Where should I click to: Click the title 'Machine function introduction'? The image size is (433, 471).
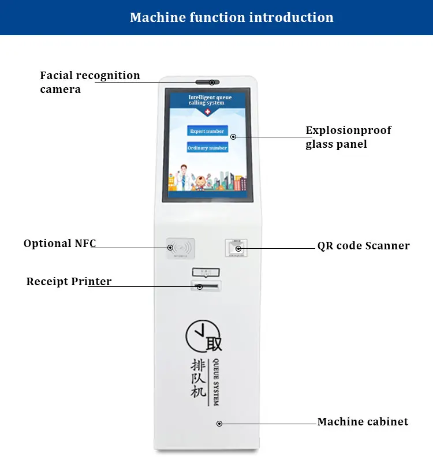coord(232,17)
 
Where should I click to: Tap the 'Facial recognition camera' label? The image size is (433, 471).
coord(89,82)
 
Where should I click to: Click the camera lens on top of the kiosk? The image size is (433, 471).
coord(212,83)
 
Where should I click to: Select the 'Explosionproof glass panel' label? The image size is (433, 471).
coord(348,137)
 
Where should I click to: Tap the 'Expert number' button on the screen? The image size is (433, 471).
coord(207,131)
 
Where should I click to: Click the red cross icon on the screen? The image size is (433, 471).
coord(208,112)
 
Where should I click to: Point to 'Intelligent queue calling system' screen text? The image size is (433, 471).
coord(210,100)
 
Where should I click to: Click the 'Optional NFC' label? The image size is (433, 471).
coord(59,244)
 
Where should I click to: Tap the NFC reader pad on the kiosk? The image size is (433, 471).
coord(180,248)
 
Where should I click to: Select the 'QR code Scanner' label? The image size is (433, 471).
coord(363,246)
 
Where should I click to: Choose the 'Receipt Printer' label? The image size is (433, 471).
coord(69,282)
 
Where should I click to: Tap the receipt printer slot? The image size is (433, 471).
coord(206,286)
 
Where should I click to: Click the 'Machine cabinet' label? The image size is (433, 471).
coord(363,422)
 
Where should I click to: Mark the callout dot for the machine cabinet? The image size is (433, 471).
coord(219,424)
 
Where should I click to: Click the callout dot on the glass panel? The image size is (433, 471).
coord(233,137)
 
